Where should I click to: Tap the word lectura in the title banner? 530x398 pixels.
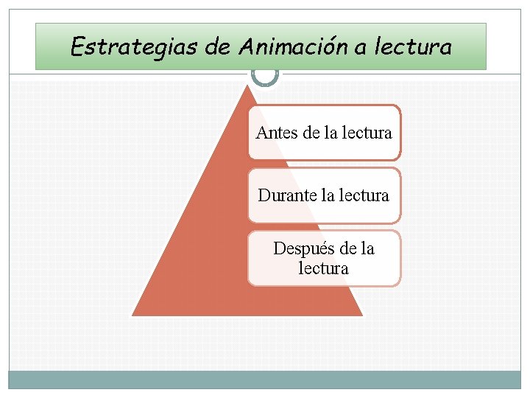(412, 47)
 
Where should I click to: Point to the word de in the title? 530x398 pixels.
(218, 47)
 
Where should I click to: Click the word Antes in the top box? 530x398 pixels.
(276, 133)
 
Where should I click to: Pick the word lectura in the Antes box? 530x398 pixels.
(367, 133)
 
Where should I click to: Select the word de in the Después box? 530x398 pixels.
(348, 249)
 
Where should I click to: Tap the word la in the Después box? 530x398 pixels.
(367, 249)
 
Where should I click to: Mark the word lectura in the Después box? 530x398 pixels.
(323, 268)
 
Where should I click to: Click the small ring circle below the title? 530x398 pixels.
(264, 74)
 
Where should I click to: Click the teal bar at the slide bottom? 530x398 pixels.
(264, 380)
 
